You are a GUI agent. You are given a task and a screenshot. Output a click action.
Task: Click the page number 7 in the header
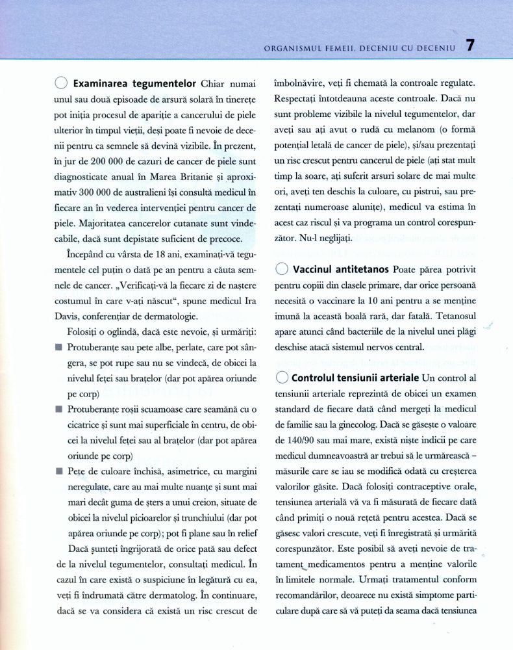pos(471,45)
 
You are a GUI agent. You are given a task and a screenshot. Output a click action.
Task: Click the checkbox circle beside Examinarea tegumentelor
pos(61,84)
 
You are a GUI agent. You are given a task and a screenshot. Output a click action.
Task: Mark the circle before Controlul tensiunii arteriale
pos(282,378)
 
